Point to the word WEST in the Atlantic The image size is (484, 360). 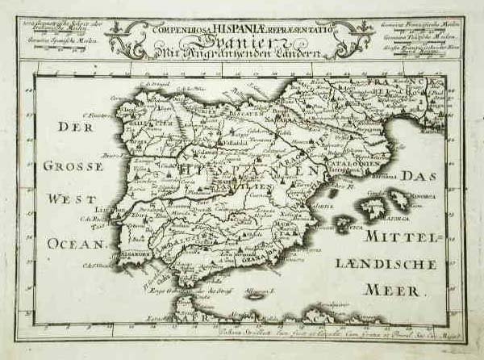(72, 199)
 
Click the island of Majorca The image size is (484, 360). (373, 210)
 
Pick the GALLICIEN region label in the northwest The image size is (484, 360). (145, 121)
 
